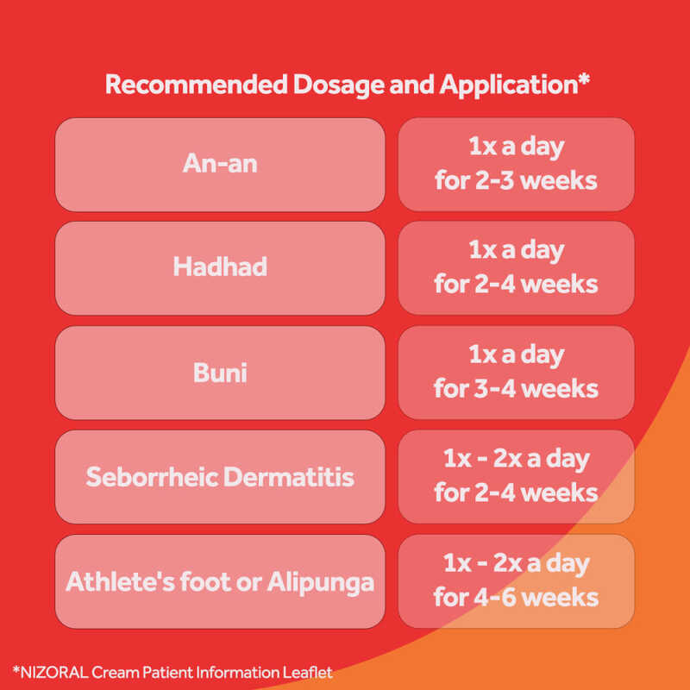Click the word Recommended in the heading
point(197,84)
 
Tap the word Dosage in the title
point(338,85)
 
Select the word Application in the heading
point(508,85)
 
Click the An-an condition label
point(220,164)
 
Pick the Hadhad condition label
point(220,267)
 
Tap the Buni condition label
point(220,373)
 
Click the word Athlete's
point(120,581)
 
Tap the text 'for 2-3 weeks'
point(516,181)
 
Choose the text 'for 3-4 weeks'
point(516,389)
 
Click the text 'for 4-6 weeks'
point(516,598)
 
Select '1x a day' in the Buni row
point(516,355)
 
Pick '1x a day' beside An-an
point(516,147)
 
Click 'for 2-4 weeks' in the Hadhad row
point(516,285)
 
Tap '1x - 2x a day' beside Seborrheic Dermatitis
point(516,460)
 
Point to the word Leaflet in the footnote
point(307,673)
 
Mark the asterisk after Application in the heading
point(584,79)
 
